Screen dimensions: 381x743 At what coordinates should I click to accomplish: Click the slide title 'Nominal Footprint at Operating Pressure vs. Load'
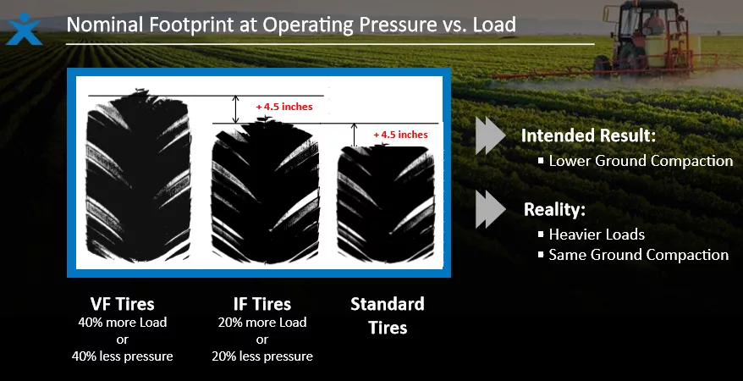coord(290,25)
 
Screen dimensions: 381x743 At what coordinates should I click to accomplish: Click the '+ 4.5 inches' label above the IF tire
coord(283,107)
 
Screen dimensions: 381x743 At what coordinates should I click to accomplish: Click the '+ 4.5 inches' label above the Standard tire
coord(400,135)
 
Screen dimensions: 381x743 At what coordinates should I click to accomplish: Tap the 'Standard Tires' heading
coord(388,315)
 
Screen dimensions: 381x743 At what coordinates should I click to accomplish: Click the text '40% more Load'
coord(123,323)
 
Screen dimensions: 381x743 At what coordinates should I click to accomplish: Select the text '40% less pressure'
coord(123,356)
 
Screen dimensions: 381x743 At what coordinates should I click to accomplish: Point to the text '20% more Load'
coord(261,323)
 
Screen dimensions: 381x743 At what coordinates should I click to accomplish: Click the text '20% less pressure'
coord(261,356)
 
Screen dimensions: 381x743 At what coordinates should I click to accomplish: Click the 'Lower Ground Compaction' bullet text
coord(641,161)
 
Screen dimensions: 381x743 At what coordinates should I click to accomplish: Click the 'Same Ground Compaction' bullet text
coord(638,255)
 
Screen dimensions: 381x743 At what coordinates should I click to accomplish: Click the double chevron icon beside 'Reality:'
coord(491,210)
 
